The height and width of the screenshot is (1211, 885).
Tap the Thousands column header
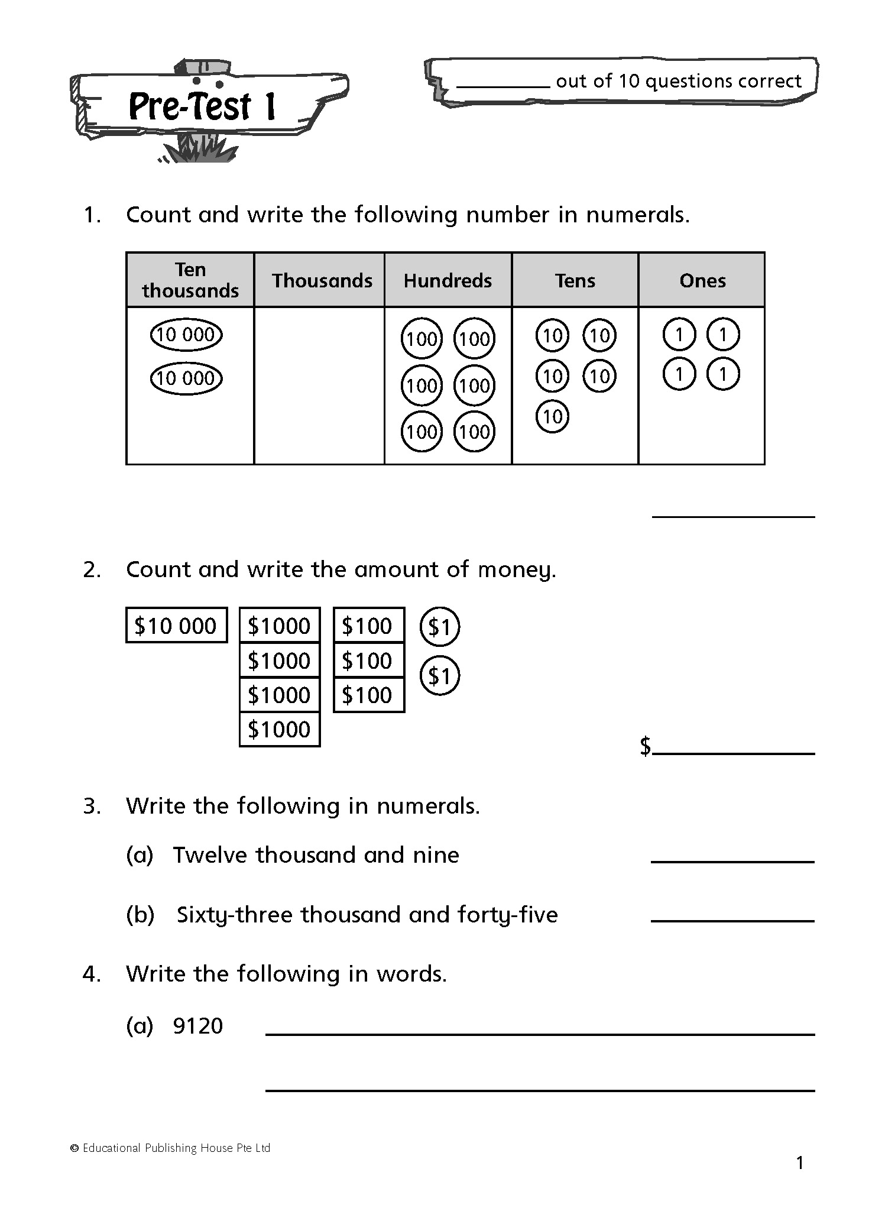tap(322, 280)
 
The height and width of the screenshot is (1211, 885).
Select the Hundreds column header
tap(448, 280)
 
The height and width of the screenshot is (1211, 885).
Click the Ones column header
tap(702, 280)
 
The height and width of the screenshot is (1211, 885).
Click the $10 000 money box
tap(176, 626)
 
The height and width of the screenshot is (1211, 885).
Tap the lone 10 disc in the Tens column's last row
tap(552, 417)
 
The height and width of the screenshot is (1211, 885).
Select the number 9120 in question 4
tap(198, 1026)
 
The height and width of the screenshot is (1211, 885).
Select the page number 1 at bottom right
tap(800, 1164)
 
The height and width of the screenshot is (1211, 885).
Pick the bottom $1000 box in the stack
tap(280, 730)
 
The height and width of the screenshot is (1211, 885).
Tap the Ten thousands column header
tap(190, 280)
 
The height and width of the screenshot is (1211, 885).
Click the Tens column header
tap(575, 280)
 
